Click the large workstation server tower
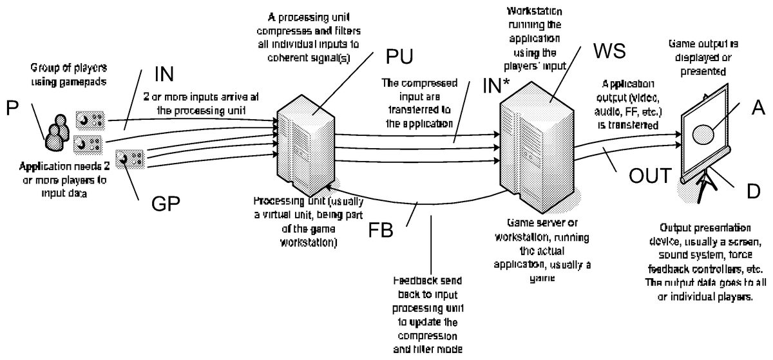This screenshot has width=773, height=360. (x=537, y=147)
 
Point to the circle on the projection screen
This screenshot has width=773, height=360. (x=703, y=134)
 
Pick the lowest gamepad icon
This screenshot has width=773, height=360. (x=127, y=157)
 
